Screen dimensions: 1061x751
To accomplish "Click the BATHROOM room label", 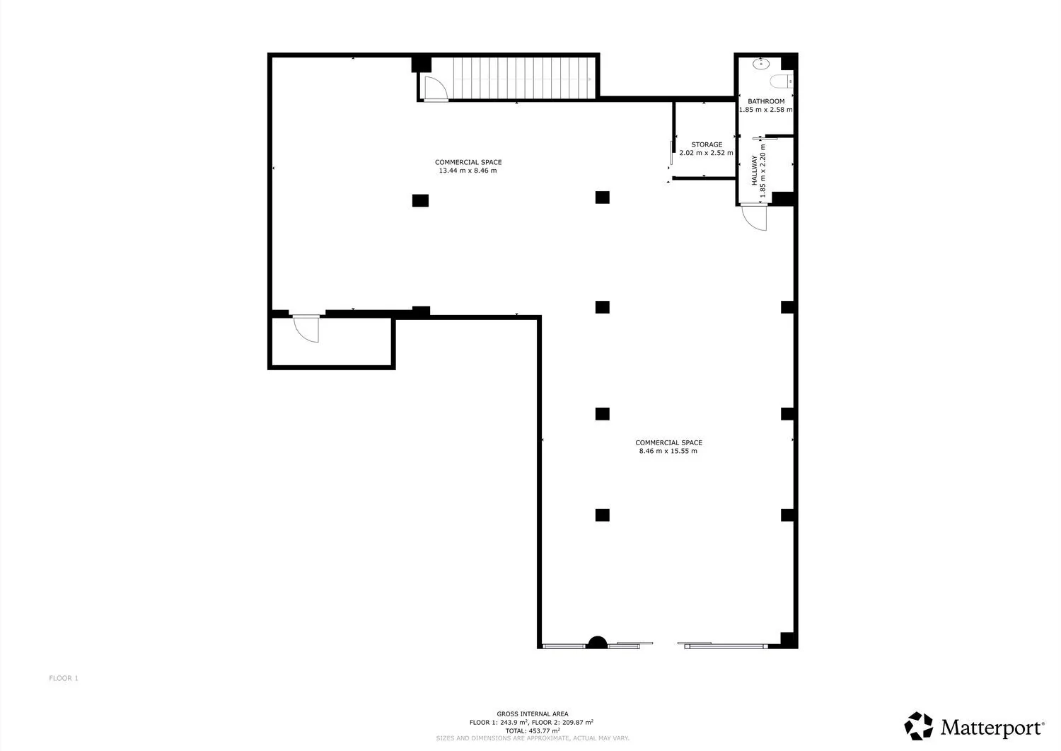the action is pyautogui.click(x=766, y=101).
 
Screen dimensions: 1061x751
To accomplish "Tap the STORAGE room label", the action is pyautogui.click(x=706, y=144).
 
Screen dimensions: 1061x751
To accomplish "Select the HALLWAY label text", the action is pyautogui.click(x=755, y=170).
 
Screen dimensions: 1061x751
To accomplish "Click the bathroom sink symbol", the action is pyautogui.click(x=760, y=64).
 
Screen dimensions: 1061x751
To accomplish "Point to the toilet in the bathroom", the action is pyautogui.click(x=781, y=81).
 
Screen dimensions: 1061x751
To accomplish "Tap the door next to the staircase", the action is pyautogui.click(x=436, y=88).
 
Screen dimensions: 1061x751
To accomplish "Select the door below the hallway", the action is pyautogui.click(x=754, y=217).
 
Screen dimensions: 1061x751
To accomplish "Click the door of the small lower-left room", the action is pyautogui.click(x=306, y=328).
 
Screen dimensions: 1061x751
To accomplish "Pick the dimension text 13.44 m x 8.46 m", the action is pyautogui.click(x=468, y=171).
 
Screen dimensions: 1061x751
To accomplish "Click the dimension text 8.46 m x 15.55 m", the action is pyautogui.click(x=668, y=451).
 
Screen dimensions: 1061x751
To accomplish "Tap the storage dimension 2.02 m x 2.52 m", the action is pyautogui.click(x=706, y=153).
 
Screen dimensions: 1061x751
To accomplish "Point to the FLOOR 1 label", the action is pyautogui.click(x=64, y=679).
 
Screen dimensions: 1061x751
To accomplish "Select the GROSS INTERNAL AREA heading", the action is pyautogui.click(x=533, y=714).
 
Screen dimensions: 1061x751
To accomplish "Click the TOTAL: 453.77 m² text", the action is pyautogui.click(x=533, y=731).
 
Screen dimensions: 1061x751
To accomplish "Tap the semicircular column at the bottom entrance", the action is pyautogui.click(x=597, y=643).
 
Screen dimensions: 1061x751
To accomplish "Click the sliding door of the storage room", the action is pyautogui.click(x=671, y=153).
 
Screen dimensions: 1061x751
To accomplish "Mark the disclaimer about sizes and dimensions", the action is pyautogui.click(x=533, y=739).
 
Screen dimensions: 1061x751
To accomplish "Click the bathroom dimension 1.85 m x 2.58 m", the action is pyautogui.click(x=765, y=110).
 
